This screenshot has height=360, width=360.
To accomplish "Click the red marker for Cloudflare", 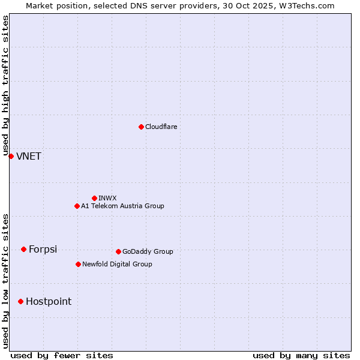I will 141,127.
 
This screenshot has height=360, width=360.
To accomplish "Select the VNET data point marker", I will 11,156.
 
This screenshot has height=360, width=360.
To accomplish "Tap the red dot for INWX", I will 94,198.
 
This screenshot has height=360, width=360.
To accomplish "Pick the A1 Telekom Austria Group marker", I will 77,206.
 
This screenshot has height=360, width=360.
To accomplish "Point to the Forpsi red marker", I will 23,249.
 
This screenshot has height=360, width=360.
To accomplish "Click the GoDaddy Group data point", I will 118,251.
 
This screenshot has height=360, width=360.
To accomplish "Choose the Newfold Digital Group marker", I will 78,264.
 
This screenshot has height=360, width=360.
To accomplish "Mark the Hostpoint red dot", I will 20,301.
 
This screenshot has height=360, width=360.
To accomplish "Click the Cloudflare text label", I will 161,127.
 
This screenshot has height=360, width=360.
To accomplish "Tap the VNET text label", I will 29,157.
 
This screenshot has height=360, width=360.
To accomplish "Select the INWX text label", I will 107,198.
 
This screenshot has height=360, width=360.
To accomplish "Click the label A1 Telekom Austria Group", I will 122,206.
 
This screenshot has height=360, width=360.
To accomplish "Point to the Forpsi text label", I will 43,250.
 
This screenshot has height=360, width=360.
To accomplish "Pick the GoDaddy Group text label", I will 148,251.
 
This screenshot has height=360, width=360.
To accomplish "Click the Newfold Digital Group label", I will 117,264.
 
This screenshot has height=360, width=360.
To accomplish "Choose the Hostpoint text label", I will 48,302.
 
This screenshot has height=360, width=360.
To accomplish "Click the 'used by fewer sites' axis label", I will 62,355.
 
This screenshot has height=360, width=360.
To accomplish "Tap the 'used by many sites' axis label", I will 301,355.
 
